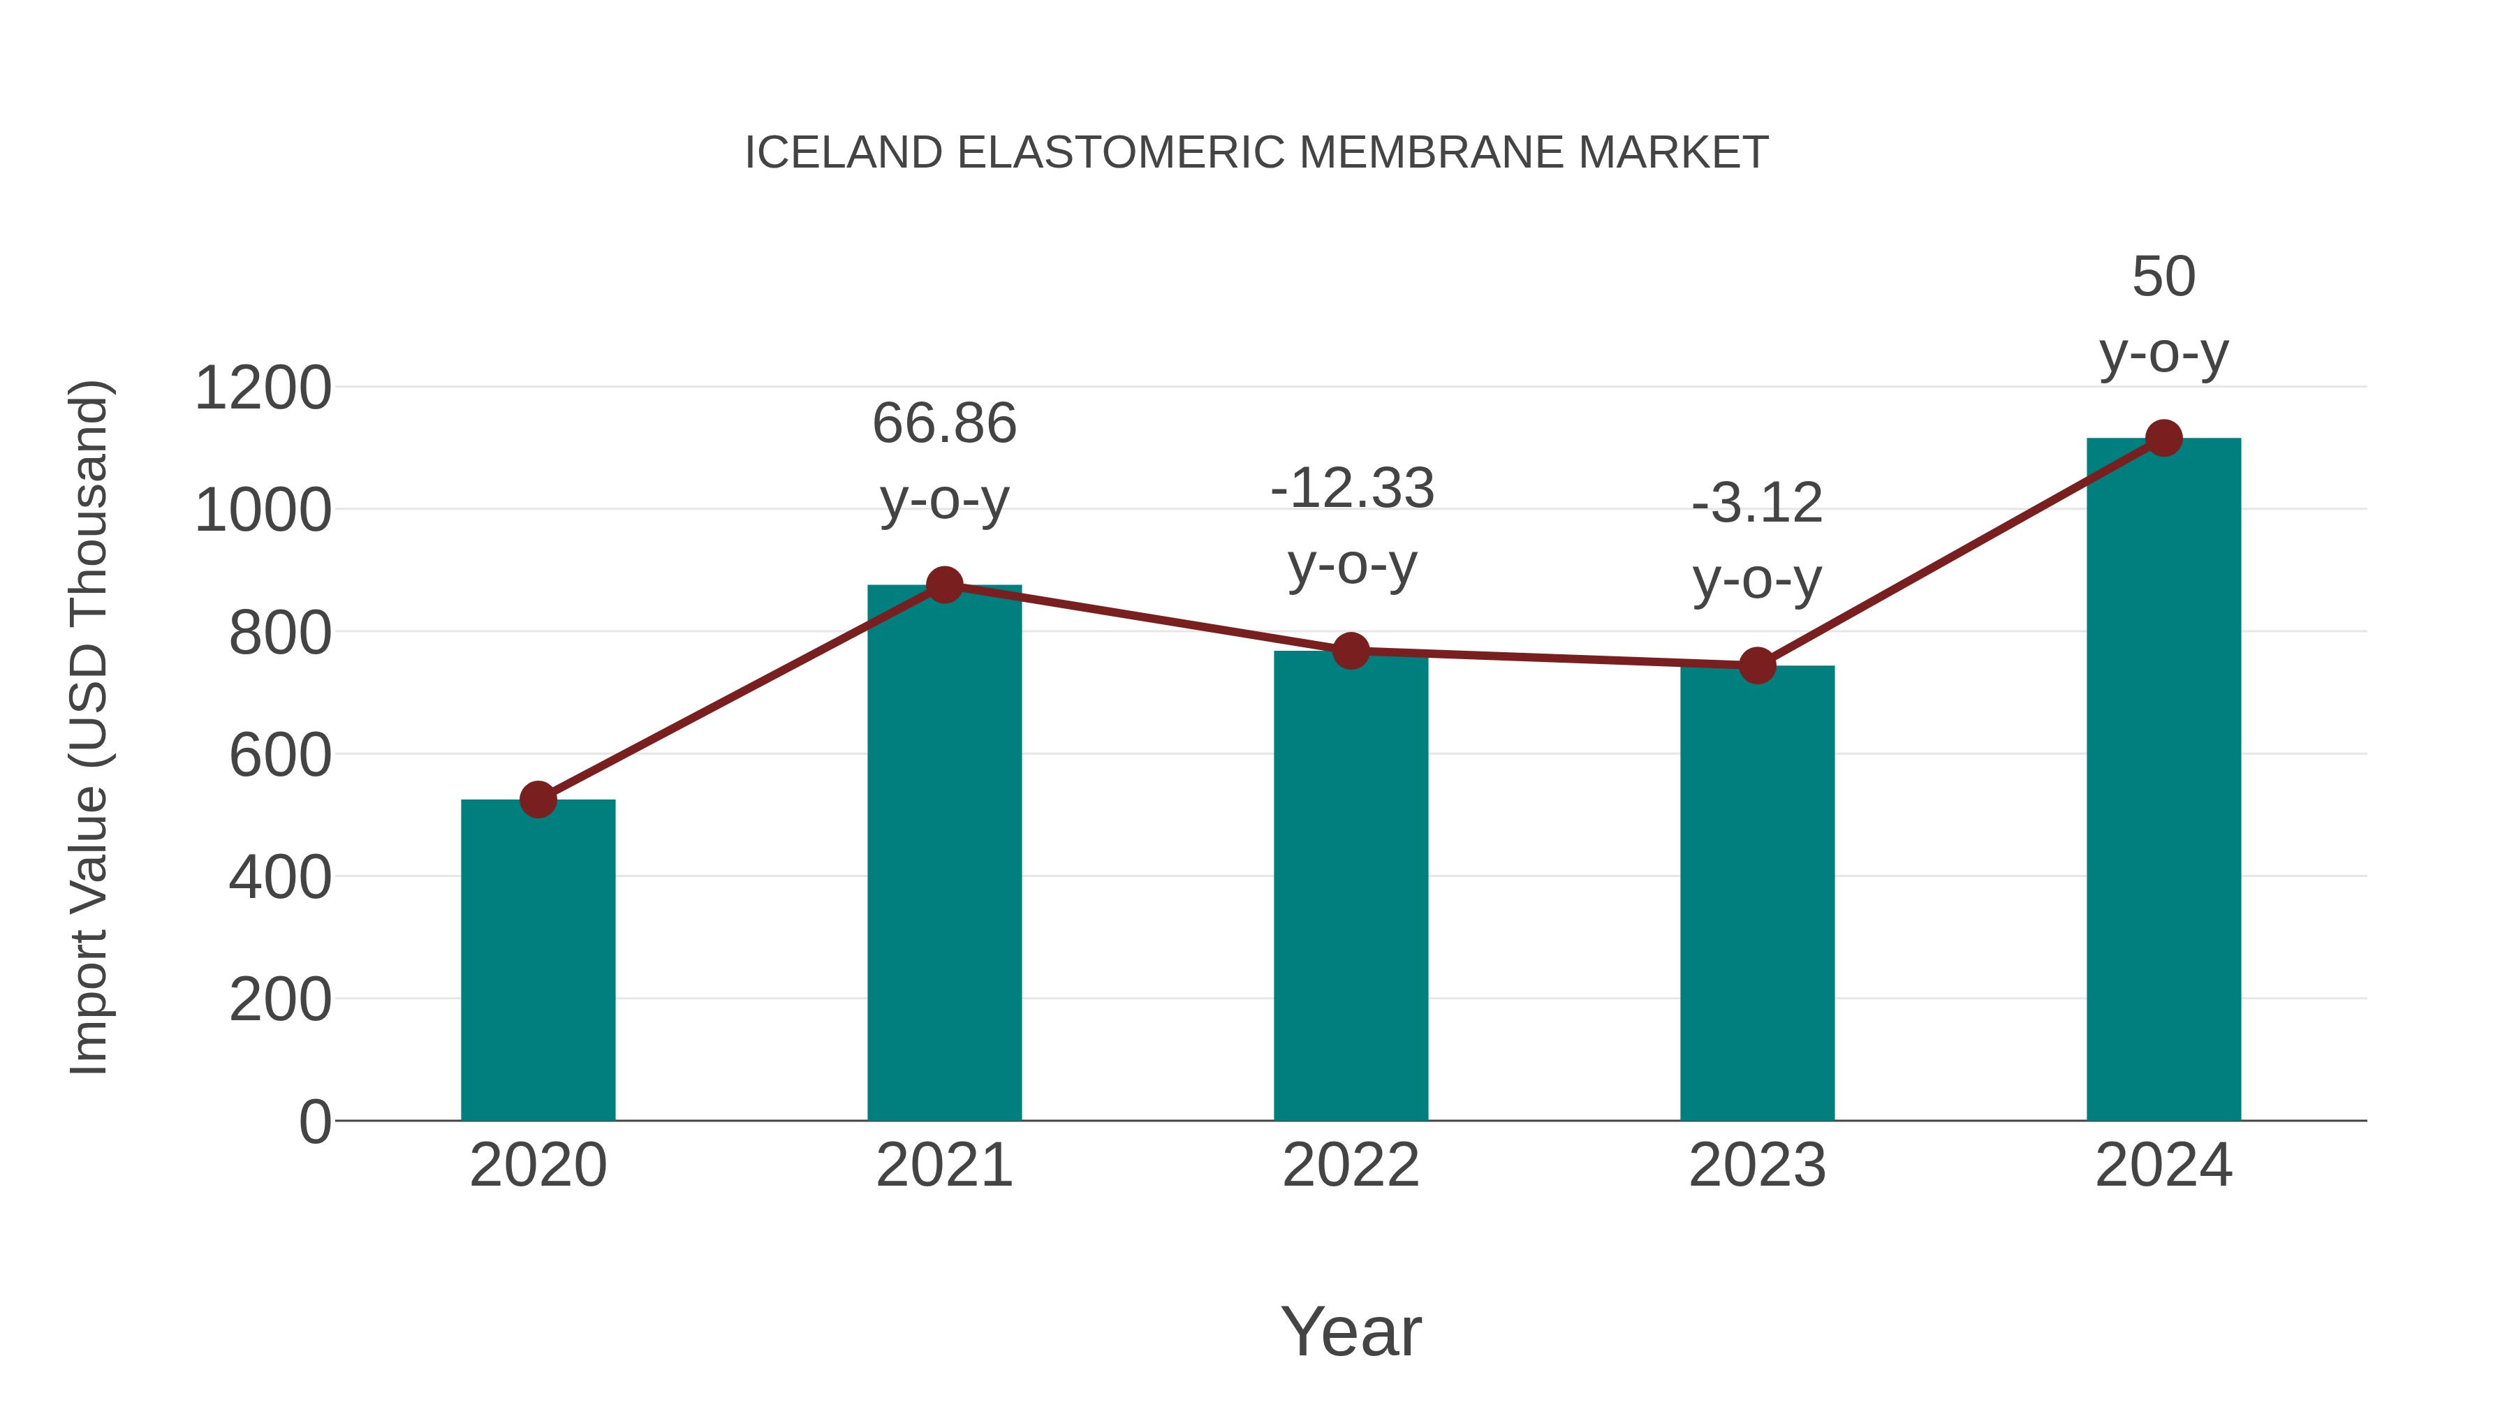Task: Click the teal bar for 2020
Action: click(538, 962)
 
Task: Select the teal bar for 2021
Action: click(943, 854)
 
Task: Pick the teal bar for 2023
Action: click(1757, 893)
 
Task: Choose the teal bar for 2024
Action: click(2163, 781)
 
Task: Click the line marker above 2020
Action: click(538, 800)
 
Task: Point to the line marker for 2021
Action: click(943, 586)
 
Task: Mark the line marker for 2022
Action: click(1351, 651)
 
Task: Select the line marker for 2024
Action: click(2163, 438)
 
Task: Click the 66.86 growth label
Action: click(943, 425)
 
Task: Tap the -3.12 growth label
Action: click(1757, 505)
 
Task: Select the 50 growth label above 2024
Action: click(2163, 277)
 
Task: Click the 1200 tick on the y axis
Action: click(263, 388)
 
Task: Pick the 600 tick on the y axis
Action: click(279, 756)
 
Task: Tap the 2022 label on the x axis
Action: click(1351, 1165)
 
